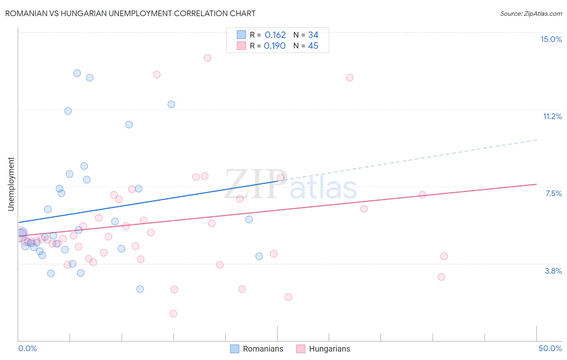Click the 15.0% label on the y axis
click(551, 39)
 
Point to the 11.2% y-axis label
click(552, 117)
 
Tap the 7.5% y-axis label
click(553, 194)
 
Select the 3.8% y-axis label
click(553, 271)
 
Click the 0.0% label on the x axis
click(27, 348)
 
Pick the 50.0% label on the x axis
click(550, 348)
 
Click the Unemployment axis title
click(11, 184)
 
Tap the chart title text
click(130, 13)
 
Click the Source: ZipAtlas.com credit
click(531, 13)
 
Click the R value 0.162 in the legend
click(275, 35)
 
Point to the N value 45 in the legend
click(313, 46)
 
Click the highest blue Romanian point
click(77, 73)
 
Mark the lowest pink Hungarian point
click(173, 314)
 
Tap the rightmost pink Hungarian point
click(444, 256)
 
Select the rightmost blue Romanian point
click(259, 256)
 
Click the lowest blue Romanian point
click(140, 289)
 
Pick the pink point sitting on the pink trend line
click(422, 195)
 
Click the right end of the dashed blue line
click(537, 140)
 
